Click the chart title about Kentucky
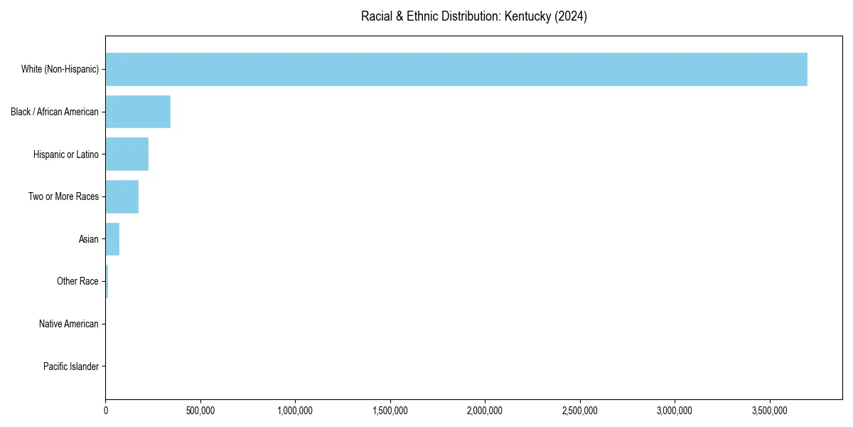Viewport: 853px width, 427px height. point(473,16)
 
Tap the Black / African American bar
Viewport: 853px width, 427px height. point(138,112)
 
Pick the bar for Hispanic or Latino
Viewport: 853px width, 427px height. point(127,154)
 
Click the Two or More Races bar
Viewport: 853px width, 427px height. point(122,196)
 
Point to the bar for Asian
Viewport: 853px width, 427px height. point(112,239)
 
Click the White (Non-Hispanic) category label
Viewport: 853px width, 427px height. point(60,69)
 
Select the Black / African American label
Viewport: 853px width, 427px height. point(55,112)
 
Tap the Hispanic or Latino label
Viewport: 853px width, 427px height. point(66,154)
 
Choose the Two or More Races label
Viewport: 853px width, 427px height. point(63,196)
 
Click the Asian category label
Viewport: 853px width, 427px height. point(88,239)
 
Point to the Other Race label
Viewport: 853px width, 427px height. point(77,282)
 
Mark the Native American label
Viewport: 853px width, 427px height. point(69,324)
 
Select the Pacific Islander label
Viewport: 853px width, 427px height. point(71,367)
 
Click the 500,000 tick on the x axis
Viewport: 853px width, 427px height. point(200,411)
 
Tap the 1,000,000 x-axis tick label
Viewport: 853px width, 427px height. point(295,411)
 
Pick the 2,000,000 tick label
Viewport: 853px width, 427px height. point(485,411)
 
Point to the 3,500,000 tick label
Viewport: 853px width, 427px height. point(770,411)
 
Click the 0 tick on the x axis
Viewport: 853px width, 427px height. point(106,411)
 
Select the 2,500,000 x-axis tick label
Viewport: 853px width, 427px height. point(580,411)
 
